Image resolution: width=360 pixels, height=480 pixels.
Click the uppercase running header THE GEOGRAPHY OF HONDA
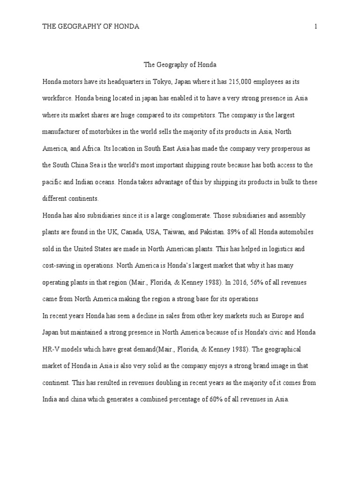coord(91,27)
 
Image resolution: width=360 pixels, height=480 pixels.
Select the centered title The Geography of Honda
coord(180,65)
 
